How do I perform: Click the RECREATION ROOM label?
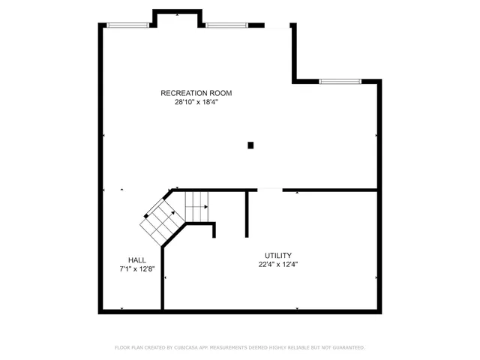pos(196,93)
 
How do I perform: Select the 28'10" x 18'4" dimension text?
pos(196,102)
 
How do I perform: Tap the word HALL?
pos(136,260)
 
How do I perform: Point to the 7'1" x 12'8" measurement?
pos(136,269)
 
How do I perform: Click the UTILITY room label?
pos(277,255)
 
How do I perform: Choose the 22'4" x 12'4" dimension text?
pos(277,264)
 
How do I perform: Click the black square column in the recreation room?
pos(251,145)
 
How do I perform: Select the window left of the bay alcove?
pos(130,25)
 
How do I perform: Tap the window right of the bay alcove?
pos(228,25)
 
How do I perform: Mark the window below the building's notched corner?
pos(340,81)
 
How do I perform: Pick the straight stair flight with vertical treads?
pos(196,202)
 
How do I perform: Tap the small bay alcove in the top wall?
pos(178,18)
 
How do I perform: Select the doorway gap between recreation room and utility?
pos(270,190)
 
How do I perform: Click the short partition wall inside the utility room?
pos(247,214)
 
